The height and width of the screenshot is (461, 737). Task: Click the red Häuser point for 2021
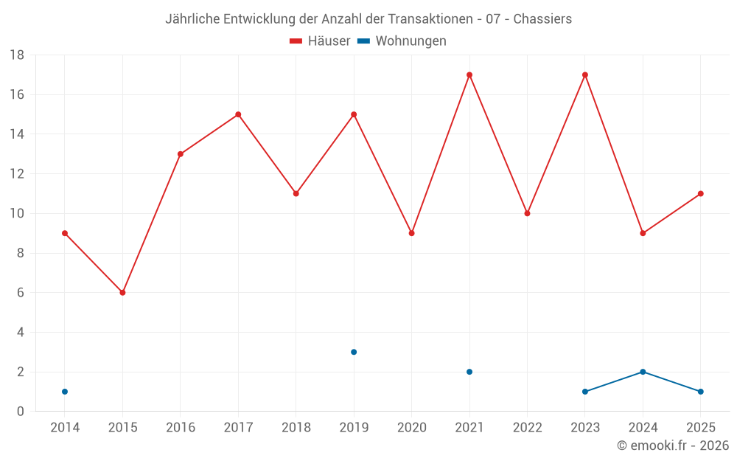[x=469, y=74]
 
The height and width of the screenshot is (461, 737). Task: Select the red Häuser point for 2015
[x=122, y=293]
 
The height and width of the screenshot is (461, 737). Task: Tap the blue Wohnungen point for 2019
[x=354, y=352]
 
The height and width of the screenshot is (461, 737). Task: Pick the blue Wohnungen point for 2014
[x=65, y=392]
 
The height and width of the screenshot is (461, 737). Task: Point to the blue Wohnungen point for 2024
[x=643, y=372]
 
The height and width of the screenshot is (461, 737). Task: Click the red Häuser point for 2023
[x=585, y=74]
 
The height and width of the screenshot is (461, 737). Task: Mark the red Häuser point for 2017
[x=238, y=114]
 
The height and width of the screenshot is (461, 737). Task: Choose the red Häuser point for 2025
[x=701, y=194]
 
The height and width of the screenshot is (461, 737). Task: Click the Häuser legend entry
[x=321, y=41]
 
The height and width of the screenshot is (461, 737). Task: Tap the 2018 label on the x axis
[x=296, y=428]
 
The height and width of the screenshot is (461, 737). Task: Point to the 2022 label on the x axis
[x=527, y=428]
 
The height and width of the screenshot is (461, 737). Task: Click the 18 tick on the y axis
[x=17, y=55]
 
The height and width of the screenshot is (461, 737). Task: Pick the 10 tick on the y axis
[x=17, y=214]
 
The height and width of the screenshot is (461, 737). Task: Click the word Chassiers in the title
[x=542, y=19]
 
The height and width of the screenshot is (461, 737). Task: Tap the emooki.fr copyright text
[x=673, y=446]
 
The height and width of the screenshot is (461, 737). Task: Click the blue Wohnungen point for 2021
[x=469, y=372]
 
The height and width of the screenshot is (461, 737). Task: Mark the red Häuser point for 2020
[x=412, y=233]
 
